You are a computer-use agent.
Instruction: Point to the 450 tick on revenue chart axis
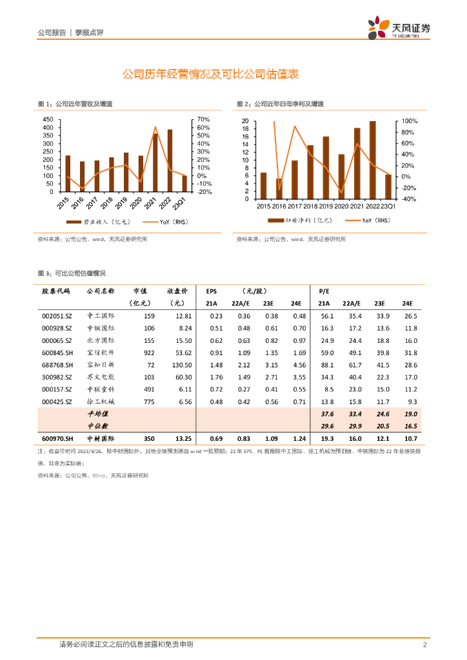point(48,120)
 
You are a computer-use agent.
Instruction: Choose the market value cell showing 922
point(149,353)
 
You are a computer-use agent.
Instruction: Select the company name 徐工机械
point(101,402)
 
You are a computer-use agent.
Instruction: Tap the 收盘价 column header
point(177,291)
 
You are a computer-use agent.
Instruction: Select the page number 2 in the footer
point(424,645)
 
